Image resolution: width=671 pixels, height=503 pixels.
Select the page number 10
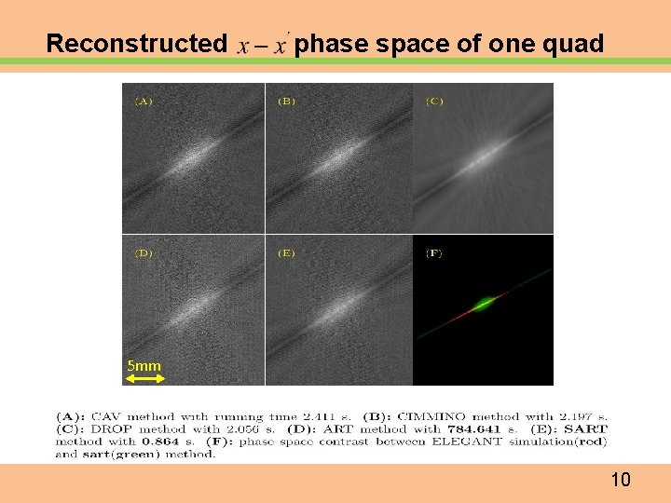(621, 481)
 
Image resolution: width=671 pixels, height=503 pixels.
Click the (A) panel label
(144, 101)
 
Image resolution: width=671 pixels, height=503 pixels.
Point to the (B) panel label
(286, 101)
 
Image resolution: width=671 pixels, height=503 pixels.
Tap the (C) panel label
(434, 101)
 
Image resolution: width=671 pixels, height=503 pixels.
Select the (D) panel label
(144, 252)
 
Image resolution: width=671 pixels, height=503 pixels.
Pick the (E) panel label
(286, 252)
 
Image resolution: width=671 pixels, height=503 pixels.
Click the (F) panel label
(434, 252)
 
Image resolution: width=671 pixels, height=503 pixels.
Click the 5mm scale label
(144, 366)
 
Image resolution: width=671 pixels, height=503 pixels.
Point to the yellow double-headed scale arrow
(144, 377)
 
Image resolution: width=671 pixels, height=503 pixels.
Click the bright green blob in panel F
(485, 303)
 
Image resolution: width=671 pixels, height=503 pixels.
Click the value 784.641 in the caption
(484, 428)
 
